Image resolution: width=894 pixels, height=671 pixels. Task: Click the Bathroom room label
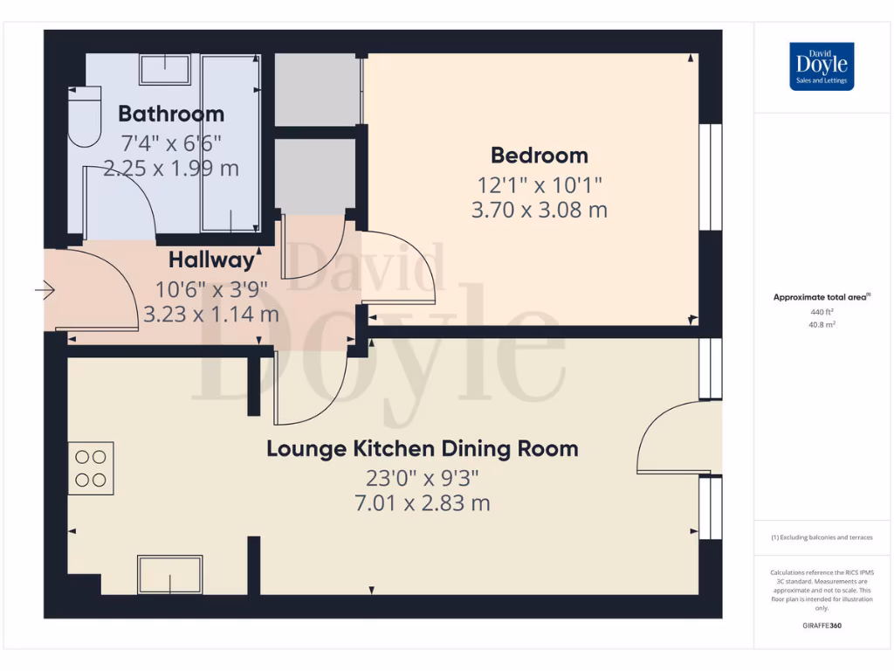pos(171,114)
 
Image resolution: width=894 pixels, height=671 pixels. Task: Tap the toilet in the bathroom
pos(85,120)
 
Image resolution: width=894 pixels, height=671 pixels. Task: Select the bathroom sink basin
pos(165,70)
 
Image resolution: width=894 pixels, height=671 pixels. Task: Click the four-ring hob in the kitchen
pos(91,468)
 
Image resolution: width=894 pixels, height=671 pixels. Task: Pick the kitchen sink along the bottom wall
pos(169,575)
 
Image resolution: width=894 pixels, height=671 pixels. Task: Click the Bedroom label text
pos(539,156)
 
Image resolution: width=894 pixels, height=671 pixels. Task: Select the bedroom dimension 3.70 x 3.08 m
pos(539,210)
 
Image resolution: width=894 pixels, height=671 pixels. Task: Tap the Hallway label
pos(211,259)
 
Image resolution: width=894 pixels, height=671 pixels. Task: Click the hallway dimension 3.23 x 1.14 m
pos(211,314)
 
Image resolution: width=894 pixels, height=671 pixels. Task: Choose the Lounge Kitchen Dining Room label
pos(422,449)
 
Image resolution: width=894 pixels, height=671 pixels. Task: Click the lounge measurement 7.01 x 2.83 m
pos(422,503)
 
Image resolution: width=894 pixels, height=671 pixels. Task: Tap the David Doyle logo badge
pos(822,66)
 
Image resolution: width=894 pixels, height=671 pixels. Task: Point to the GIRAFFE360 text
pos(822,626)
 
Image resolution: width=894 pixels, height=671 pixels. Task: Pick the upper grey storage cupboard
pos(317,90)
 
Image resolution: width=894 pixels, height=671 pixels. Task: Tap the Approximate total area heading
pos(821,297)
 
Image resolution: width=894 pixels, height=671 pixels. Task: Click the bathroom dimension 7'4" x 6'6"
pos(171,142)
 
